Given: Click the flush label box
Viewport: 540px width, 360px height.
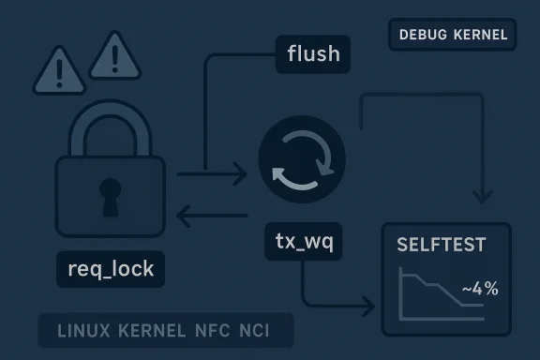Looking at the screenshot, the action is tap(313, 53).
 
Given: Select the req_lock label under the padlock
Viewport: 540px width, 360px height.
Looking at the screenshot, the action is tap(111, 270).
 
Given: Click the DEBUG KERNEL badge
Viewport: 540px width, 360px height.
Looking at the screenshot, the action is tap(453, 36).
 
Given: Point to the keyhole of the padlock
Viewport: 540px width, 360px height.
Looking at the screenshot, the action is tap(110, 192).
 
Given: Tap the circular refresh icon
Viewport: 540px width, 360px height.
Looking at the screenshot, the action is tap(301, 159).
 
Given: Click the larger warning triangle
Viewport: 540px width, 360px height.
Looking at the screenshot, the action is tap(113, 57).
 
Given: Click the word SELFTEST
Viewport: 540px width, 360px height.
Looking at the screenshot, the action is tap(442, 246).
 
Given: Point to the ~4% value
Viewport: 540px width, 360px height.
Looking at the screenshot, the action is tap(480, 289).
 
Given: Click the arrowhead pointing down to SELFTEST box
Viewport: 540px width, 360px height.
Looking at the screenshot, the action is tap(483, 196).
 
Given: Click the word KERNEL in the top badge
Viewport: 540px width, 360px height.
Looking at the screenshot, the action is tap(479, 36).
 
